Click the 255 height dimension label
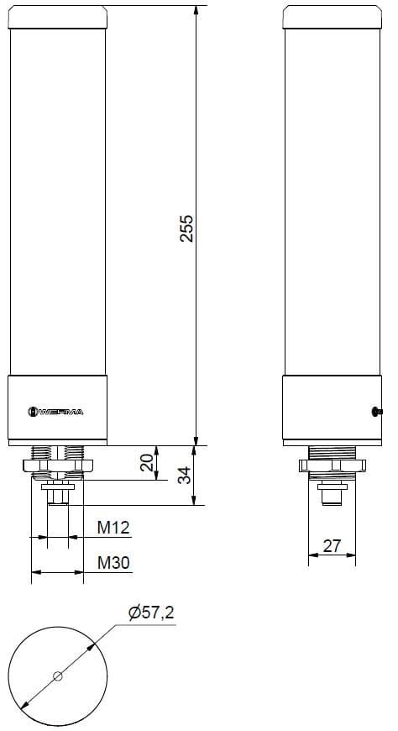tap(187, 228)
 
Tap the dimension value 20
tap(147, 463)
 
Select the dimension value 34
tap(186, 476)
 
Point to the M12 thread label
tap(113, 528)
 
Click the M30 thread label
tap(113, 562)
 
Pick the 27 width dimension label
tap(332, 546)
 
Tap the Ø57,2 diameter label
tap(151, 613)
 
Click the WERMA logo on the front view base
tap(56, 411)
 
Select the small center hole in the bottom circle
tap(58, 676)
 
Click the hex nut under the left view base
tap(57, 465)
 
